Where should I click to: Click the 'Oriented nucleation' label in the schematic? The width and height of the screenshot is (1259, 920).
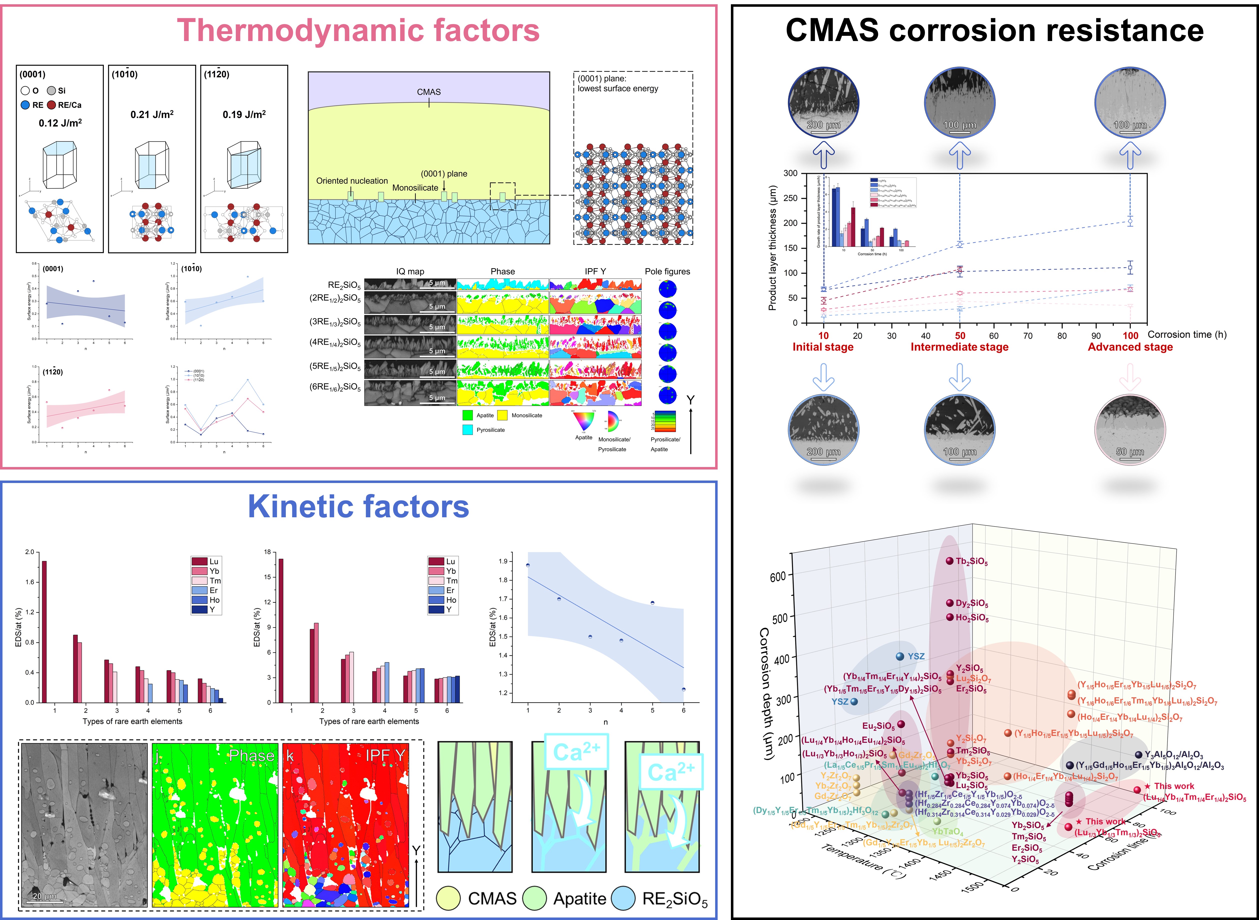[352, 181]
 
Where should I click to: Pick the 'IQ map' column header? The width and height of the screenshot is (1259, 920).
[410, 271]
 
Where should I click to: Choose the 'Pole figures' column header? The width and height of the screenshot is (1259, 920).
[667, 271]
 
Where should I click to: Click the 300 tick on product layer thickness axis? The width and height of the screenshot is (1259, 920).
[790, 173]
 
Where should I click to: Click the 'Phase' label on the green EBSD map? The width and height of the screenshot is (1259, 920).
[252, 756]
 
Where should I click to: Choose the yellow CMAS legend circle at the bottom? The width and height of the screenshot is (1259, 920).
[449, 898]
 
